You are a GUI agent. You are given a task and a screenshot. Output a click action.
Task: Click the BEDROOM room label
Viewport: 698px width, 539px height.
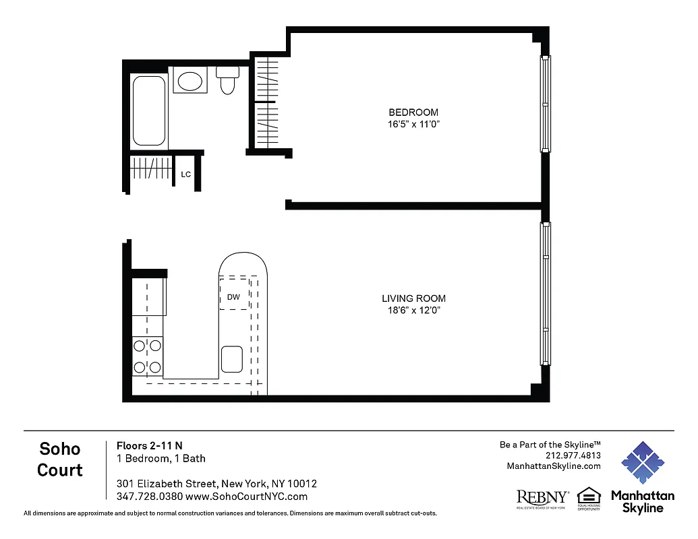[x=413, y=112]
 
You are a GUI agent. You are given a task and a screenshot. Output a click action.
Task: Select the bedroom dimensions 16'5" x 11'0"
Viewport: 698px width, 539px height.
[x=413, y=124]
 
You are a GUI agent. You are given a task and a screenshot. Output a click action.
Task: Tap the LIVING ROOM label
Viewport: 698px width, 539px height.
[x=413, y=298]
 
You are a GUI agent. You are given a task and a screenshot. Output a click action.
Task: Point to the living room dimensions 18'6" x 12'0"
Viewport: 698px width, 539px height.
[x=413, y=311]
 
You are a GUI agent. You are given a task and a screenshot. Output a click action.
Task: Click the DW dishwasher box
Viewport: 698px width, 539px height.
[x=233, y=296]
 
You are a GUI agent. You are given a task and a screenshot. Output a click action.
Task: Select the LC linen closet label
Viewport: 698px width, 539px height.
[x=186, y=175]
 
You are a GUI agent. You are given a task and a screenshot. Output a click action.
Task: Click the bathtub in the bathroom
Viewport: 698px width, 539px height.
[x=148, y=110]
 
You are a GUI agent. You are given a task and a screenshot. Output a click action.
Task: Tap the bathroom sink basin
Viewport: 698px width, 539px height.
[x=190, y=82]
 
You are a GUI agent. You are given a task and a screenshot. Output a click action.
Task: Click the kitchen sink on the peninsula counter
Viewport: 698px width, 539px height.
[x=232, y=358]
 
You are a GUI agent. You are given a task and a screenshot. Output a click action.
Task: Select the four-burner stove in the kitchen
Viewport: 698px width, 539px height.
[x=147, y=356]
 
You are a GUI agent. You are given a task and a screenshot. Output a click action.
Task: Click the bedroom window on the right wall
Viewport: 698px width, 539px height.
[x=546, y=104]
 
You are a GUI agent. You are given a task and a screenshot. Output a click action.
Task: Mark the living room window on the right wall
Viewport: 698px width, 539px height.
[x=546, y=294]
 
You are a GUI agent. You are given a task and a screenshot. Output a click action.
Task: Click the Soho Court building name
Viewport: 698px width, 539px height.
[x=60, y=459]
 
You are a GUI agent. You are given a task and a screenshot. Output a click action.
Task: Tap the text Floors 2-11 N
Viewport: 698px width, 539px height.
[x=150, y=445]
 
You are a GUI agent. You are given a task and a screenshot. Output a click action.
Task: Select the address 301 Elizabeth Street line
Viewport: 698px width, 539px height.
[x=216, y=484]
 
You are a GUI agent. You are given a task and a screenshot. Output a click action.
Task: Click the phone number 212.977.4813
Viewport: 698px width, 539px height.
[x=573, y=455]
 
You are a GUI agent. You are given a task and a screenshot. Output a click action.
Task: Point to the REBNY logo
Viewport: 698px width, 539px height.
[x=542, y=498]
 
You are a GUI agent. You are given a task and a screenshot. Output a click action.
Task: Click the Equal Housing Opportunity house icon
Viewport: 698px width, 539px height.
[x=589, y=495]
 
